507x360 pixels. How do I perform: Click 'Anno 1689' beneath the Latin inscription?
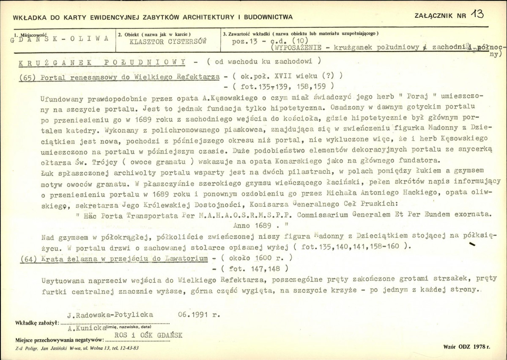coord(257,224)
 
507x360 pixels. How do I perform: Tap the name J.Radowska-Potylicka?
coord(110,315)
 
